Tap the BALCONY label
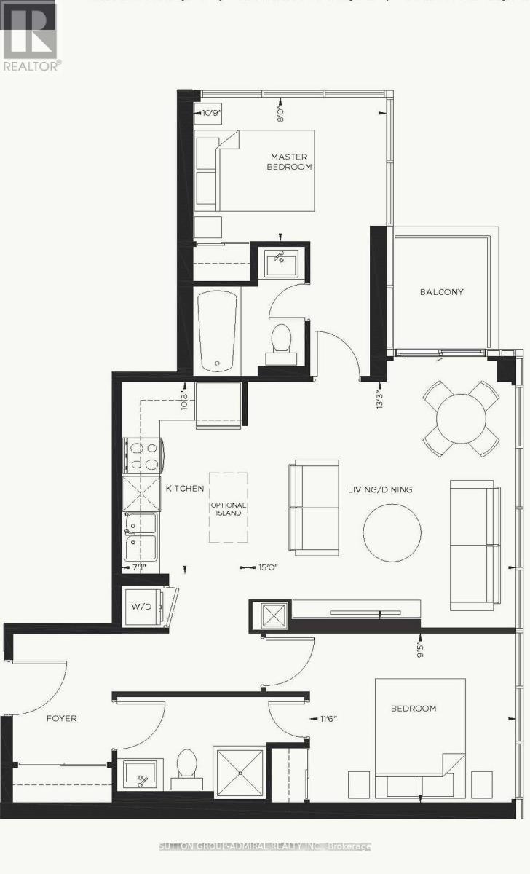441,292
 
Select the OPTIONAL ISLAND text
229,509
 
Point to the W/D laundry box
139,606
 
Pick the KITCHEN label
185,489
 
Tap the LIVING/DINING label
379,489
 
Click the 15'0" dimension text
267,567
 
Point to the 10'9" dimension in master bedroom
211,113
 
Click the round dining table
462,419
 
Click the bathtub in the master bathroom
218,331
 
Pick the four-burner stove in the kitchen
143,457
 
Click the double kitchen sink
141,536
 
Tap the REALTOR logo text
32,65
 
